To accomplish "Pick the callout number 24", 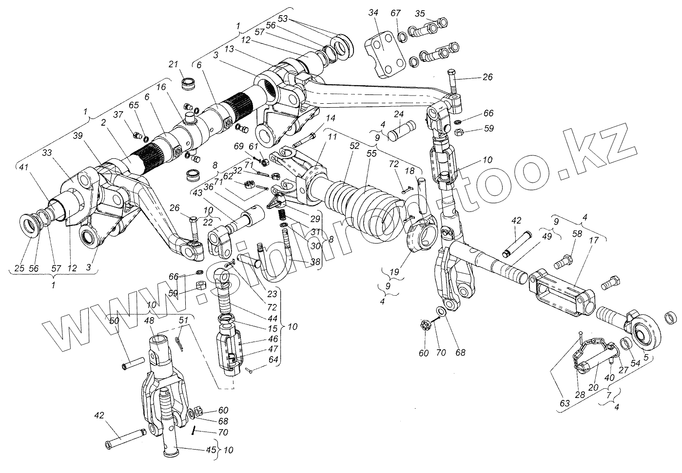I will point(399,114).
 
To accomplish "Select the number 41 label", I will point(23,167).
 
